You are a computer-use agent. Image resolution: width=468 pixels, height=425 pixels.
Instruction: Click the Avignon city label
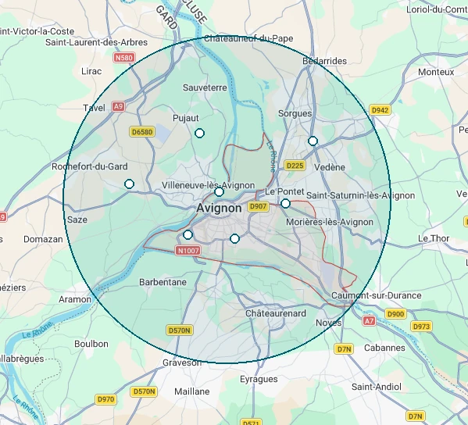pos(219,209)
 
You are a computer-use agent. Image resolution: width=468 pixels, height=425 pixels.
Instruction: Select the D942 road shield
pos(380,110)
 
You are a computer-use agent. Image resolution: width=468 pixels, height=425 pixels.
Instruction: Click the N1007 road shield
pos(188,251)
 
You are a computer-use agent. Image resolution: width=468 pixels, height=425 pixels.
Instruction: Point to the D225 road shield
pos(295,166)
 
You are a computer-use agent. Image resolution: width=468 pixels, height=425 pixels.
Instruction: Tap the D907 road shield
pos(258,207)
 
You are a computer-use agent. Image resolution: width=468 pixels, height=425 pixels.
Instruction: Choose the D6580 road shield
pos(142,132)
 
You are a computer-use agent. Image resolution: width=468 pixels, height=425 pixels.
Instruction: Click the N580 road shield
pos(123,58)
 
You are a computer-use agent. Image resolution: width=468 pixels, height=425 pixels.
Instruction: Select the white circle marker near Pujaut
pos(199,134)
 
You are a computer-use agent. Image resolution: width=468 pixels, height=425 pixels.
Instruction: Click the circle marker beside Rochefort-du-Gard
pos(130,184)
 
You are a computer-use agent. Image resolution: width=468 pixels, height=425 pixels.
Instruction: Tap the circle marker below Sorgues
pos(313,141)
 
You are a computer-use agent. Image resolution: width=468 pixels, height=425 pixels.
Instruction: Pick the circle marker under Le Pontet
pos(286,204)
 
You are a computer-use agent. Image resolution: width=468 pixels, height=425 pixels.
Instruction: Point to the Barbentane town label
pos(163,282)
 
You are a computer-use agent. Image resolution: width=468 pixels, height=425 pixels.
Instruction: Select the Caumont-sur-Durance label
pos(377,296)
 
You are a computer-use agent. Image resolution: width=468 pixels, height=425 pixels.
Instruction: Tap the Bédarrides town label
pos(324,61)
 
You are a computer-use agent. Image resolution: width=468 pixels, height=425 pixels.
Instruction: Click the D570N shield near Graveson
pos(180,330)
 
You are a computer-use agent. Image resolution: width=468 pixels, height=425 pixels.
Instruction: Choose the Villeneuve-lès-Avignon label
pos(208,185)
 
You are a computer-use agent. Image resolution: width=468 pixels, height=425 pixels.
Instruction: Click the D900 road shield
pos(396,314)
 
